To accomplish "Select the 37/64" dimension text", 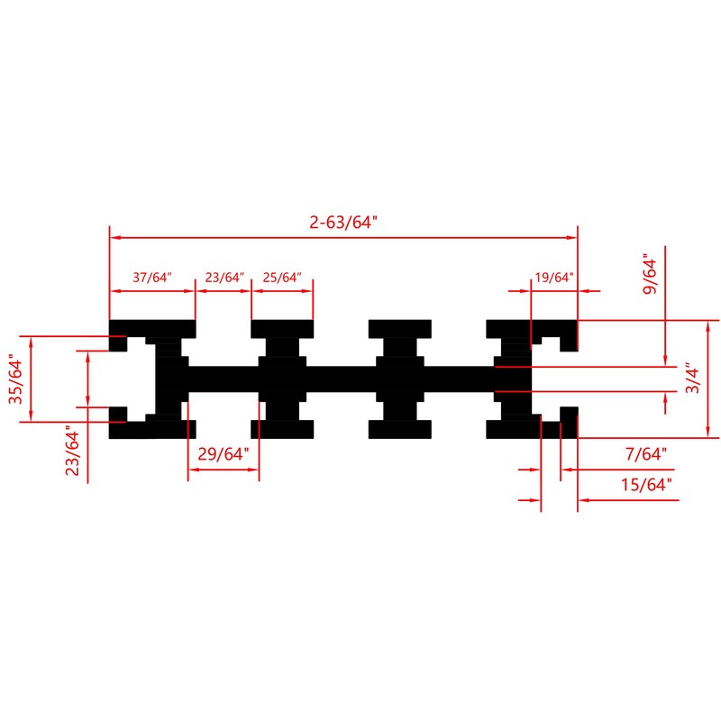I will [151, 278].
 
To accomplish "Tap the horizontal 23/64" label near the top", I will [224, 278].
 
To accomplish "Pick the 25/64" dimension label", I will [281, 278].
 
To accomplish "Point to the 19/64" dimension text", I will [553, 278].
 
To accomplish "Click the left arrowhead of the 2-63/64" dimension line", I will [114, 238].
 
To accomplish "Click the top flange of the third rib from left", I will [399, 326].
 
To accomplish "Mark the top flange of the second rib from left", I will [282, 326].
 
